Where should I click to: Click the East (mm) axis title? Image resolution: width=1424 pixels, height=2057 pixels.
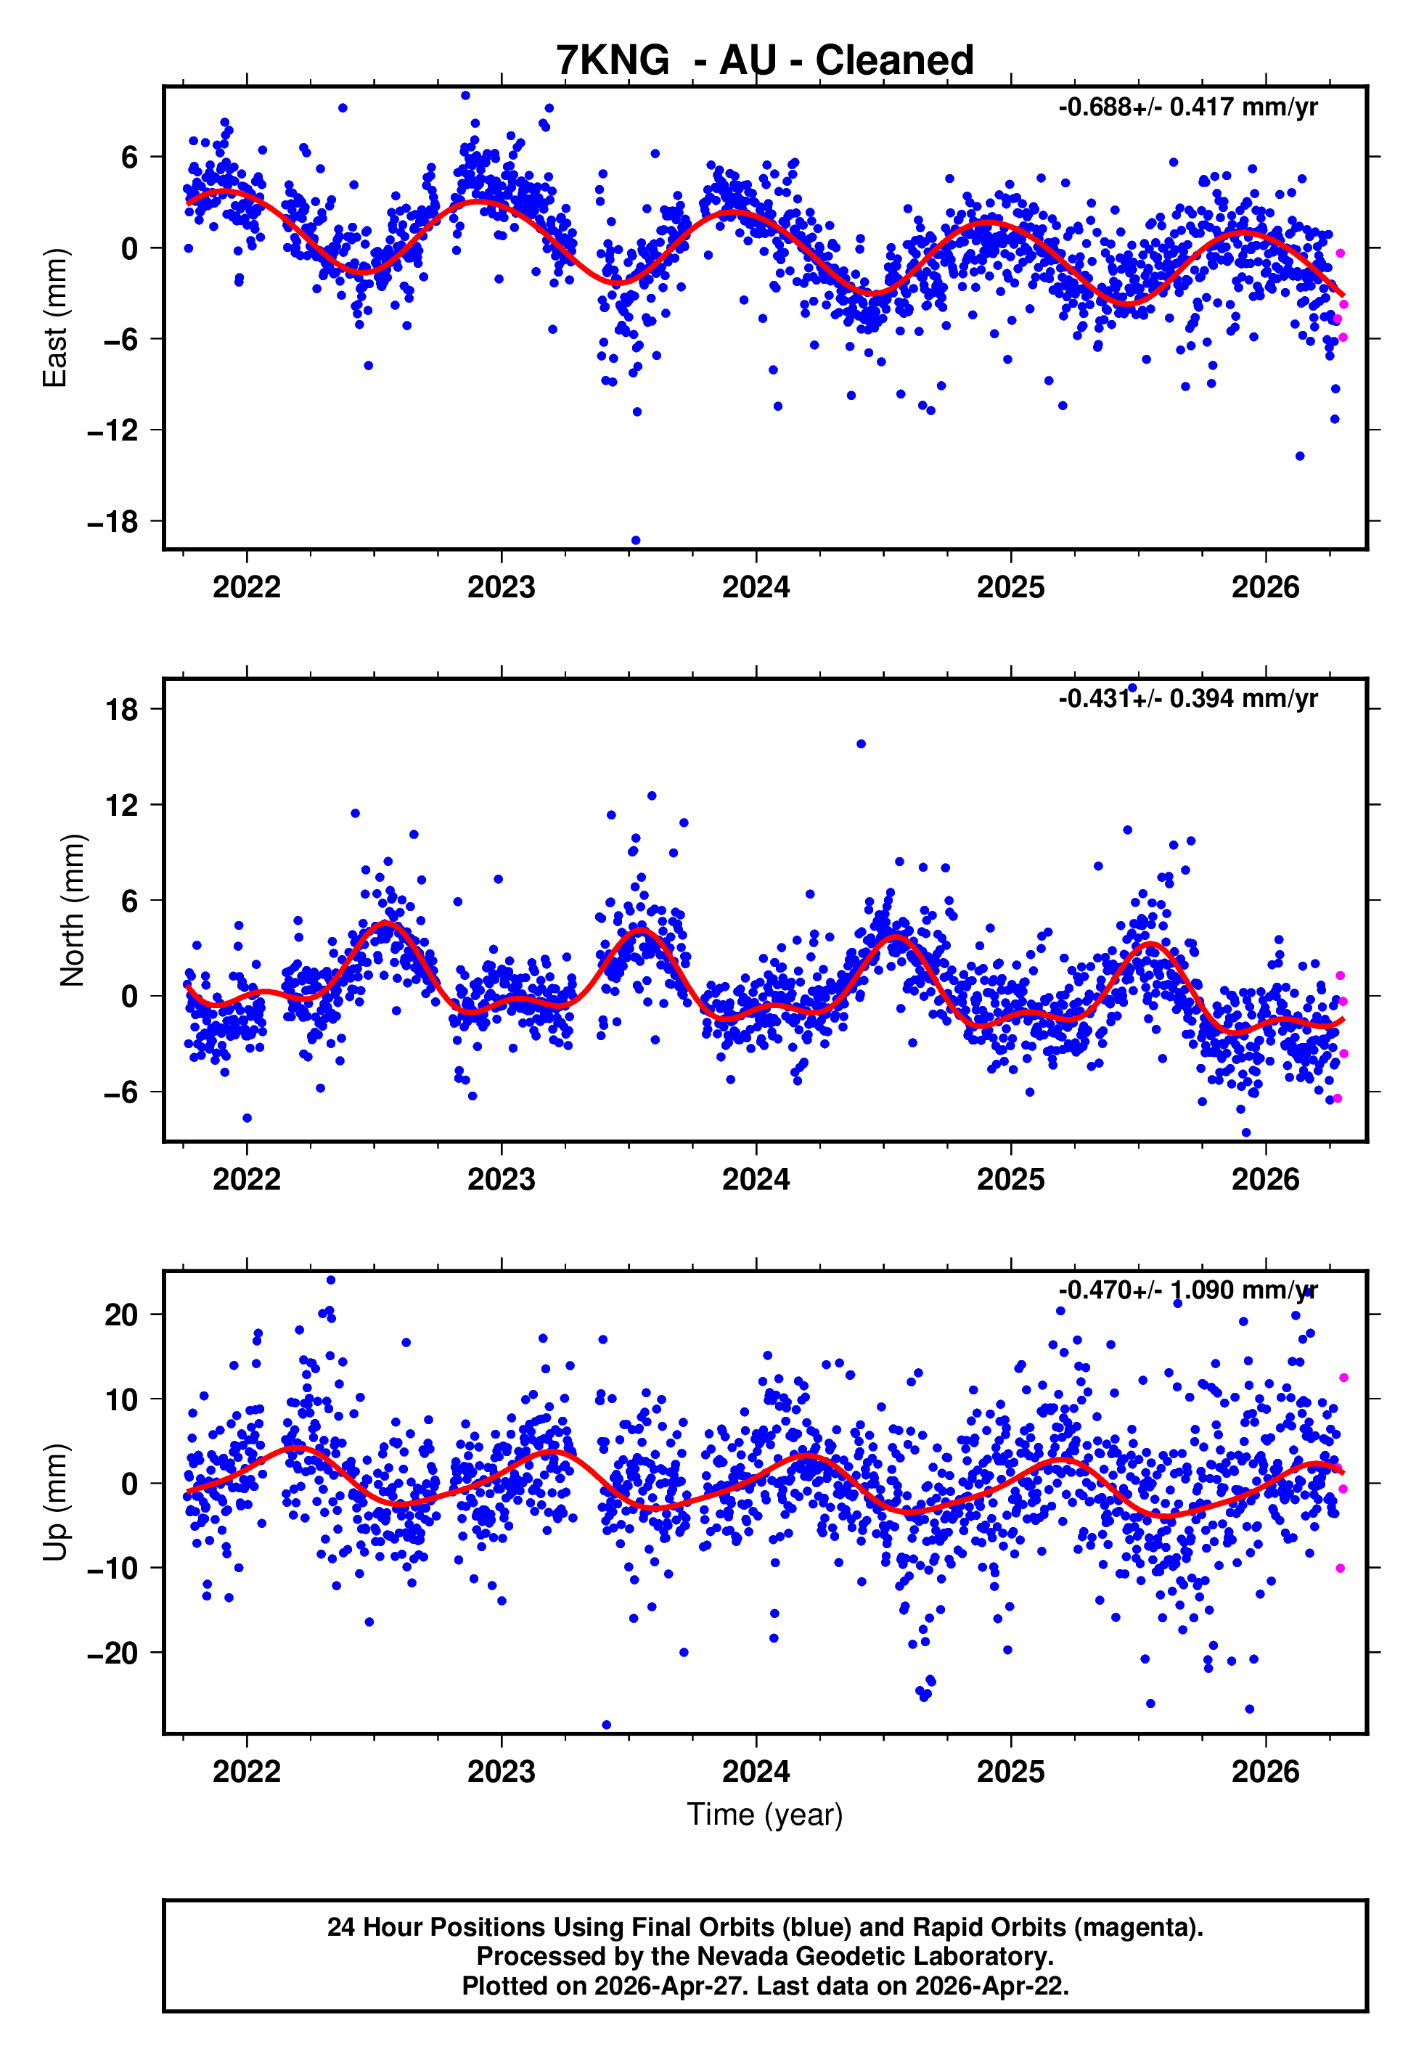pyautogui.click(x=55, y=318)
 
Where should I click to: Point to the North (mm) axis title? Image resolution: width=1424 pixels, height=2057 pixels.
pyautogui.click(x=73, y=910)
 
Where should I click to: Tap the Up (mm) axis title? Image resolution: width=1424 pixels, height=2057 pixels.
pyautogui.click(x=55, y=1502)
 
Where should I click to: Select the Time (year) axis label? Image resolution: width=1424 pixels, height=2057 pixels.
pyautogui.click(x=765, y=1815)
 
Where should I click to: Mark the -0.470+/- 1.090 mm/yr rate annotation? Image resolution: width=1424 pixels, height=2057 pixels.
pyautogui.click(x=1187, y=1291)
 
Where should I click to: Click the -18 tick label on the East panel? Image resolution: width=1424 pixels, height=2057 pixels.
pyautogui.click(x=112, y=521)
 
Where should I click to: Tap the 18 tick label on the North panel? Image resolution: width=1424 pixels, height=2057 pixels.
pyautogui.click(x=121, y=709)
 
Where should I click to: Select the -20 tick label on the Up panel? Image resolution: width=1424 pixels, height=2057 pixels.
pyautogui.click(x=112, y=1653)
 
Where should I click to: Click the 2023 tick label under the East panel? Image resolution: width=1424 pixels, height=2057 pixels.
pyautogui.click(x=502, y=587)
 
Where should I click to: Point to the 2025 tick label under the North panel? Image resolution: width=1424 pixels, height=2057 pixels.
pyautogui.click(x=1011, y=1179)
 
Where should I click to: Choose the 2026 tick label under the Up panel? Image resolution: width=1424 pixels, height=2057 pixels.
pyautogui.click(x=1265, y=1772)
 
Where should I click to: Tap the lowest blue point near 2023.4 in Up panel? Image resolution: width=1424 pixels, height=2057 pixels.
pyautogui.click(x=607, y=1725)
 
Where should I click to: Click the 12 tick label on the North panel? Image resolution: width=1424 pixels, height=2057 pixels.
pyautogui.click(x=121, y=805)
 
